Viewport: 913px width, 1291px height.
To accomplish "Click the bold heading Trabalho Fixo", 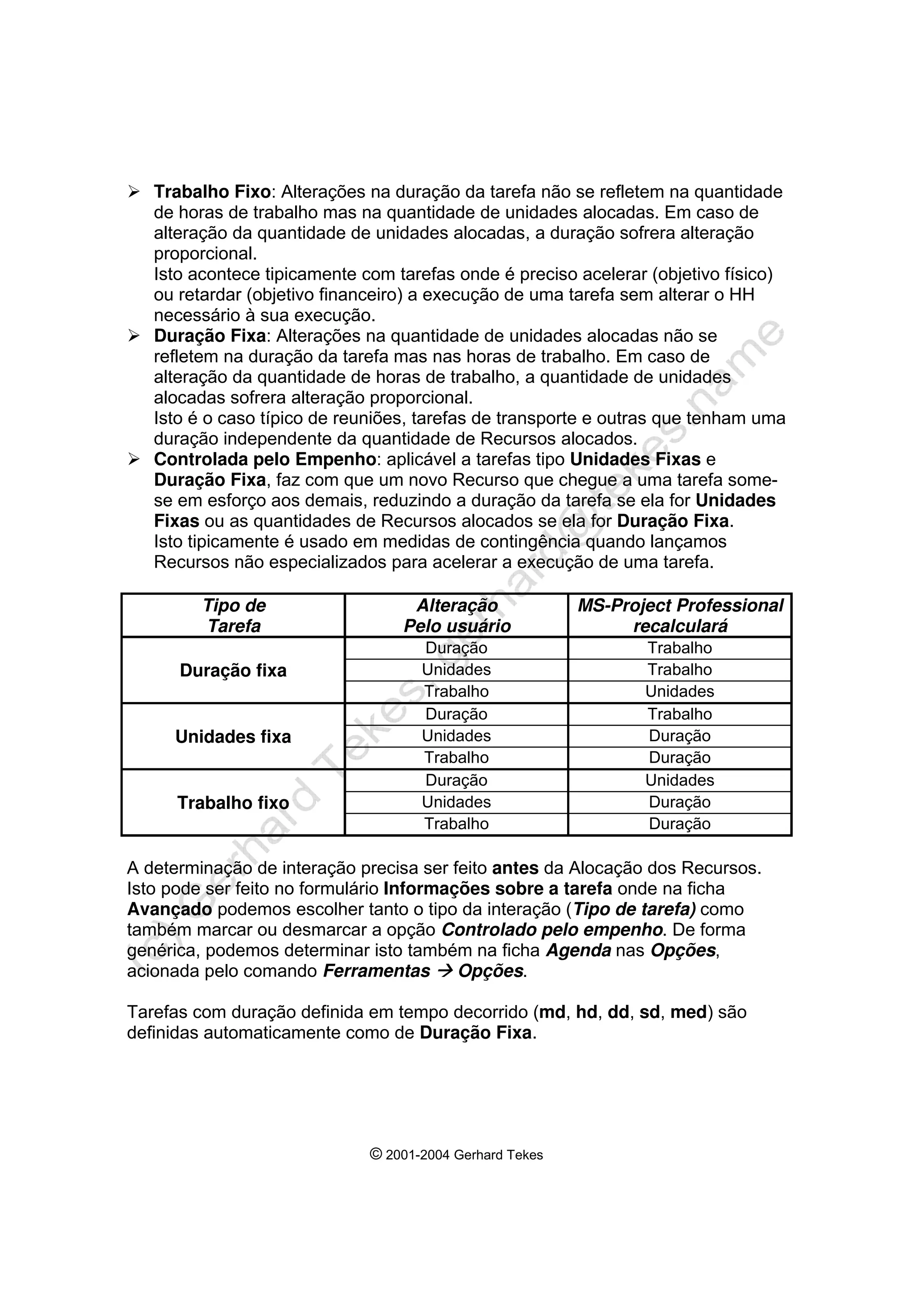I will tap(212, 192).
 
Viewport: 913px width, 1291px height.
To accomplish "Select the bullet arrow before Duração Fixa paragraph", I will tap(133, 336).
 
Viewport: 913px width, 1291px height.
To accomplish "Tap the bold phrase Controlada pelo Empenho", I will tap(264, 459).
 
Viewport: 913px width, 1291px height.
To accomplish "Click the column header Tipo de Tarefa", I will tap(234, 616).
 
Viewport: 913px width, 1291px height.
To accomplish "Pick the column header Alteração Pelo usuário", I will tap(457, 616).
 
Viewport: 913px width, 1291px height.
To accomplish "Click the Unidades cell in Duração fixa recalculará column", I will tap(679, 691).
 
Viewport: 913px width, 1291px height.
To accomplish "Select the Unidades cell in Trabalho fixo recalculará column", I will tap(679, 780).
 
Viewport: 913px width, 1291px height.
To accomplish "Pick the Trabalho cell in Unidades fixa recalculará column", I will tap(679, 714).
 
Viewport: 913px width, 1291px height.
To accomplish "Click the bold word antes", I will tap(515, 868).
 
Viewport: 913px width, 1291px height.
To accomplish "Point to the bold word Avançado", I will tap(169, 909).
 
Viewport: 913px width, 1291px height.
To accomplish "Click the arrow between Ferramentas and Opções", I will tap(444, 971).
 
